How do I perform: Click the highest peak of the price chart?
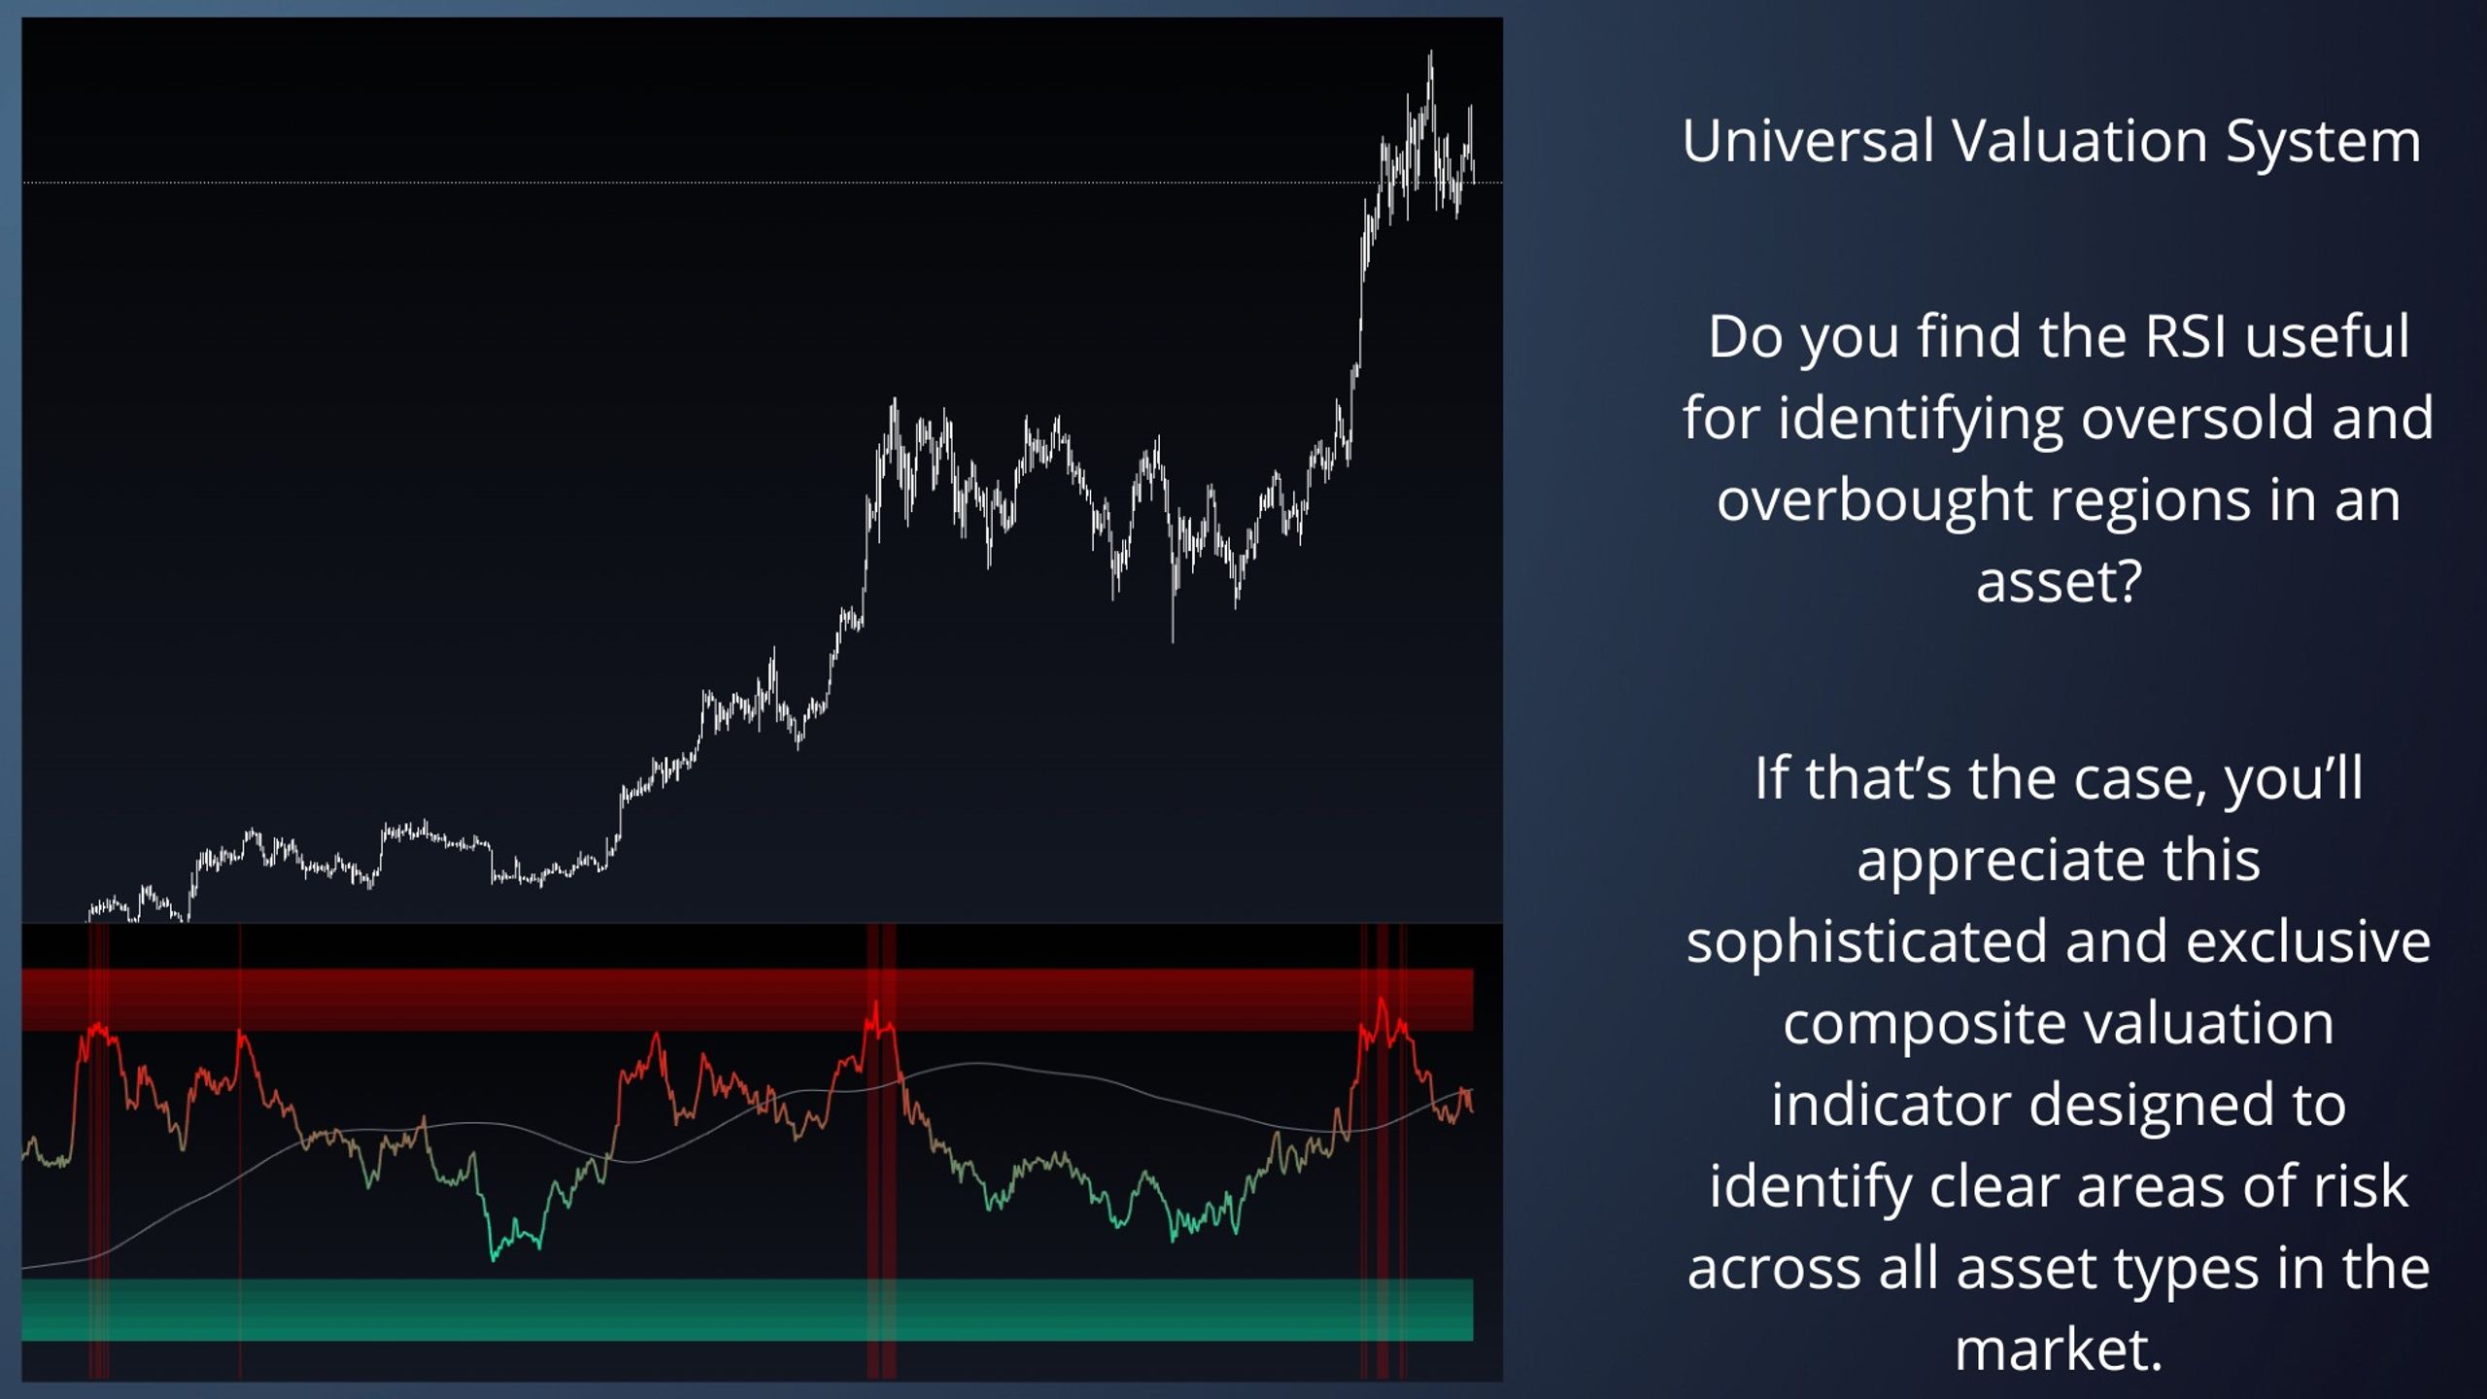pyautogui.click(x=1430, y=52)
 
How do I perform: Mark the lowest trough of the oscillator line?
pyautogui.click(x=494, y=1260)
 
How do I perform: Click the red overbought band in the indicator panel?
pyautogui.click(x=747, y=999)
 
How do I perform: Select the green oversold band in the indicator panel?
pyautogui.click(x=747, y=1310)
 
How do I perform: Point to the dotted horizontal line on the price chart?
pyautogui.click(x=763, y=183)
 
